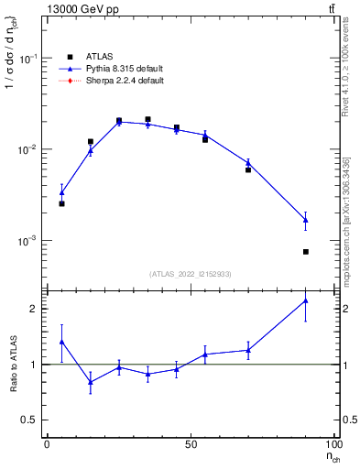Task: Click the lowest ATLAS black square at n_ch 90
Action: tap(306, 252)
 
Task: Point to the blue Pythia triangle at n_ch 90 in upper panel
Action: tap(306, 220)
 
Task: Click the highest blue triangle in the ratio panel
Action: tap(306, 300)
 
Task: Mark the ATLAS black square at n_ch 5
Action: tap(61, 203)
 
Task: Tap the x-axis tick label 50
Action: tap(191, 443)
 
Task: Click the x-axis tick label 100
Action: tap(333, 443)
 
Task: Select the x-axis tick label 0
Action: tap(47, 443)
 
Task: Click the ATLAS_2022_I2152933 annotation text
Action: tap(191, 274)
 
